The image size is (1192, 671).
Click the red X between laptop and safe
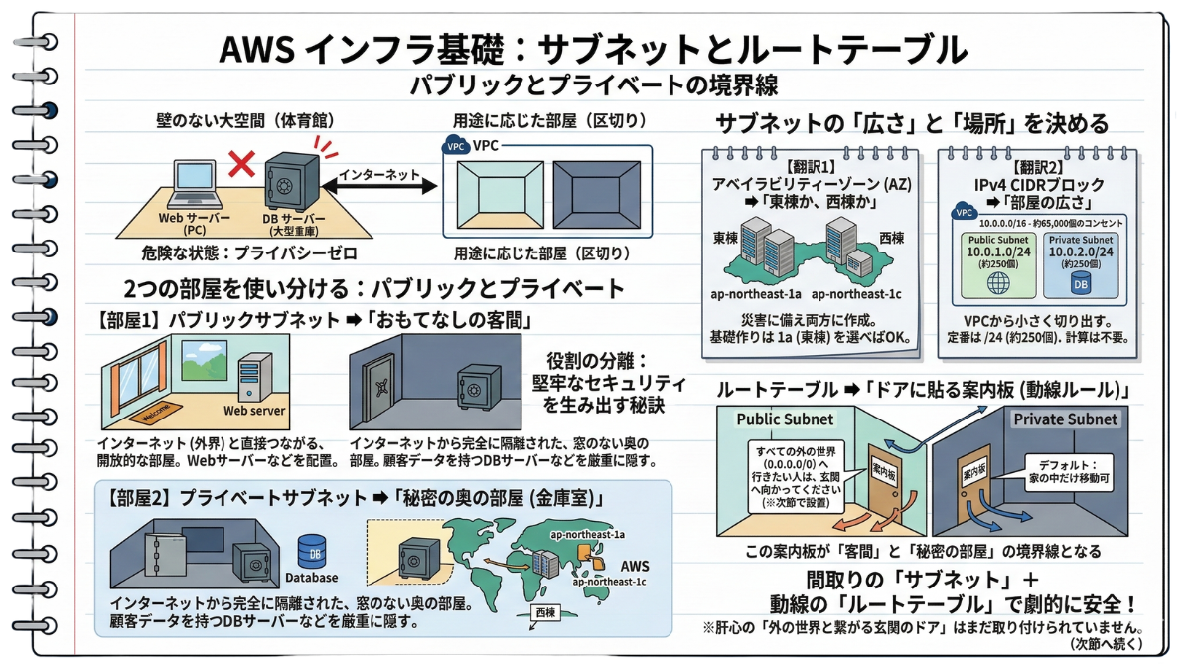point(238,164)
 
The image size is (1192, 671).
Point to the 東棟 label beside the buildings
point(725,240)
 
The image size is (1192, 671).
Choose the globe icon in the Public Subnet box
point(1000,281)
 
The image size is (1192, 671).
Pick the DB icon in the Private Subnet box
point(1079,282)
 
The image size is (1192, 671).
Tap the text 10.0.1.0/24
point(1000,253)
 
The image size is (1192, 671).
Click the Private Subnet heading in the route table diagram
point(1065,419)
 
